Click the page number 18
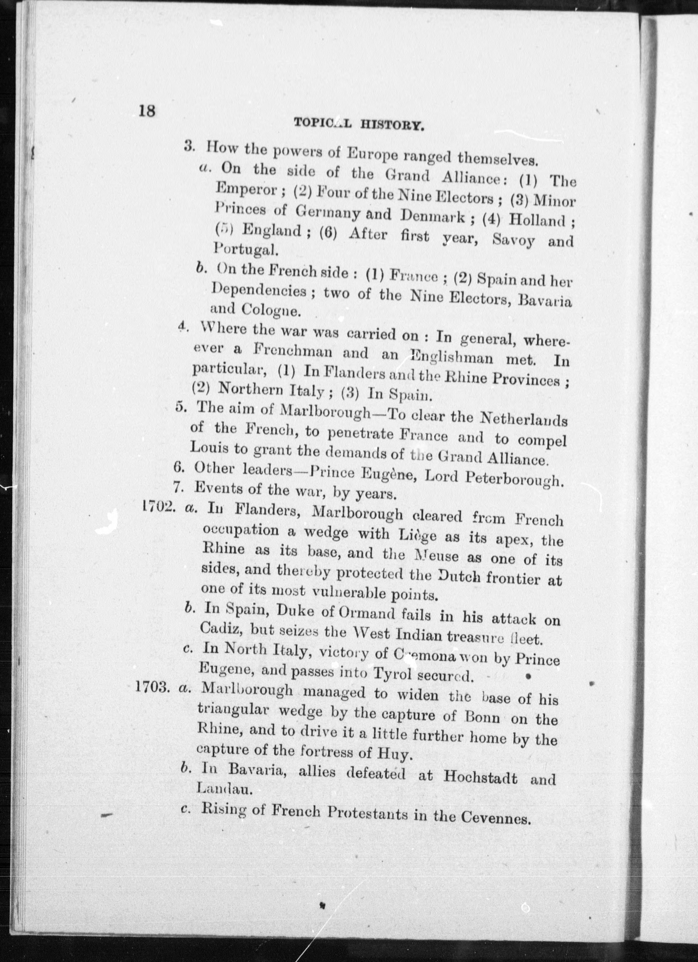tap(147, 111)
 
